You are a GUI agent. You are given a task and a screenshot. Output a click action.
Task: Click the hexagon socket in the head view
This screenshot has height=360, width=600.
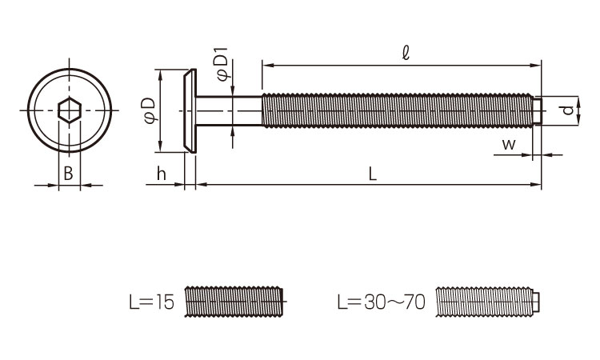pos(70,110)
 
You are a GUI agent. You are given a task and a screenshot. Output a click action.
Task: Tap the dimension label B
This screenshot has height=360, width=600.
pos(68,174)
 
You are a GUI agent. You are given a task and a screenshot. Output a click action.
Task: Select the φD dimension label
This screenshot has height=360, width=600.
pos(150,110)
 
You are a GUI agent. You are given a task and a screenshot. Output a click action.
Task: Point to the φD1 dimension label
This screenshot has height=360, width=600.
pos(222,64)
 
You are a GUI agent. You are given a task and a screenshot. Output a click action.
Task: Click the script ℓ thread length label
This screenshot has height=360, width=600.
pos(406,53)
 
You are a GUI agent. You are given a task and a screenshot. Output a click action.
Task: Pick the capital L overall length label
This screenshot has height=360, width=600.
pos(372,174)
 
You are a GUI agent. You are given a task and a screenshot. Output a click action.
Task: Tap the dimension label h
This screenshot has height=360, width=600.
pos(161,174)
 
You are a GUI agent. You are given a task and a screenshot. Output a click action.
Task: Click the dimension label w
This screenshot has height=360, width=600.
pos(509,145)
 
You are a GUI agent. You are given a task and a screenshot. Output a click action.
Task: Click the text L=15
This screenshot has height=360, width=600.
pos(151,302)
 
